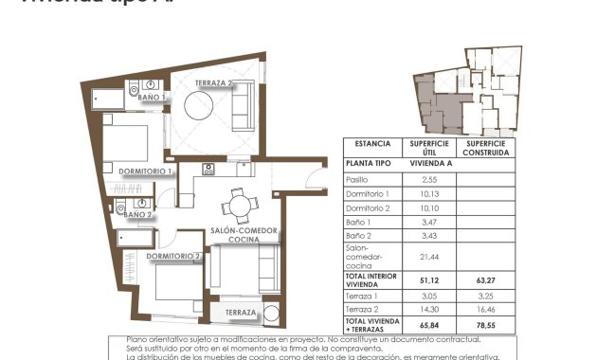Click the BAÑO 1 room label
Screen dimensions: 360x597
(151, 97)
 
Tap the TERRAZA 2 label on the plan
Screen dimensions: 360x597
(215, 83)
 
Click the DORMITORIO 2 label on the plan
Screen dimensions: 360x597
(175, 256)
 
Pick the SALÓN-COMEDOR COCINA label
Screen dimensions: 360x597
(244, 235)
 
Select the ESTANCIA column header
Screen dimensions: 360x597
(372, 144)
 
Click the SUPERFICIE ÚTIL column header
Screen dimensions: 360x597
(428, 147)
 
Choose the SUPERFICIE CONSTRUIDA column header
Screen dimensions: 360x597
(486, 147)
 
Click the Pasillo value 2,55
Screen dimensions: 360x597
(428, 179)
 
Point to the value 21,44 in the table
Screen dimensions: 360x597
(428, 256)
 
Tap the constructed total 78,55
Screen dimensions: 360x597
(486, 324)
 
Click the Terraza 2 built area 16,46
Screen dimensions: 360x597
(486, 309)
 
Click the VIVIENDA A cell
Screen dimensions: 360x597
(428, 163)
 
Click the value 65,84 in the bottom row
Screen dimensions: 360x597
(428, 324)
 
